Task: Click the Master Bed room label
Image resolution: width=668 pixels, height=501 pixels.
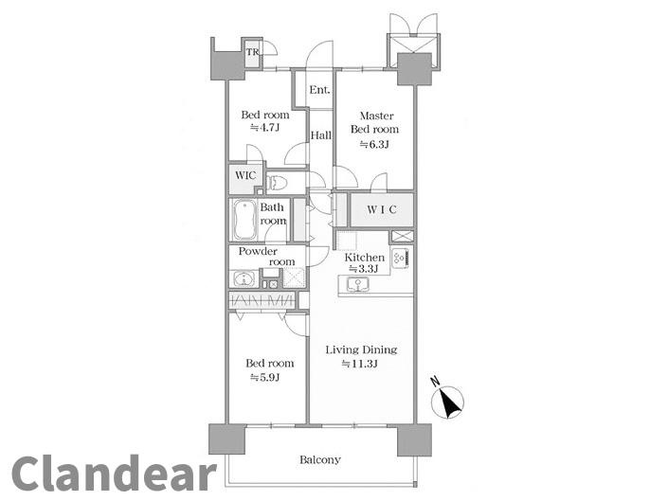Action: tap(375, 122)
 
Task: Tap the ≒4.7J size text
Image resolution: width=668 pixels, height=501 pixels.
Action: tap(264, 127)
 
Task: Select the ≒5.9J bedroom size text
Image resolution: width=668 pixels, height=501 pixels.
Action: tap(264, 377)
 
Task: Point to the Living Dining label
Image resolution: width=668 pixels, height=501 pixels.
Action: tap(361, 349)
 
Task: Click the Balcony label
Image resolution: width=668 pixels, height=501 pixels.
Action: tap(320, 459)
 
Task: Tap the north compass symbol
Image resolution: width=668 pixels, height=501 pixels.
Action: tap(447, 401)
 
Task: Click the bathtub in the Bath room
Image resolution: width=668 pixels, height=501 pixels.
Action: tap(244, 220)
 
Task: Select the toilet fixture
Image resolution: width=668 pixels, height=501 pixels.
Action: tap(277, 183)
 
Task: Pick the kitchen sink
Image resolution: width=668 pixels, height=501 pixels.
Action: tap(358, 284)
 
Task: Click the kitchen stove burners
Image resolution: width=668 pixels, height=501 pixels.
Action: tap(401, 258)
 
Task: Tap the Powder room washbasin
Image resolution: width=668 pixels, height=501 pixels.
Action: tap(244, 278)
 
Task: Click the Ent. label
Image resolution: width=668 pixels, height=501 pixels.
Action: tap(319, 90)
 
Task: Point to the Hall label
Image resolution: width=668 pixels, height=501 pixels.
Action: tap(321, 135)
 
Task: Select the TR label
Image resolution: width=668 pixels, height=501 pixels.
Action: tap(252, 52)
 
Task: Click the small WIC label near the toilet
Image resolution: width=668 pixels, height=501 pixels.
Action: tap(245, 175)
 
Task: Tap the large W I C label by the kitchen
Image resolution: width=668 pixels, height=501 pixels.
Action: tap(382, 209)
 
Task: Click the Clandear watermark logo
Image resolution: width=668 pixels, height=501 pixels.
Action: tap(114, 473)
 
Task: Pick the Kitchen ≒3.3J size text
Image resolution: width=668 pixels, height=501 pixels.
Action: tap(364, 269)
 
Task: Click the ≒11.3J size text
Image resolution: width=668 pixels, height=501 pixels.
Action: tap(360, 364)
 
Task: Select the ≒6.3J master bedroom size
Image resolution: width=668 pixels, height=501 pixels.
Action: tap(374, 144)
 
